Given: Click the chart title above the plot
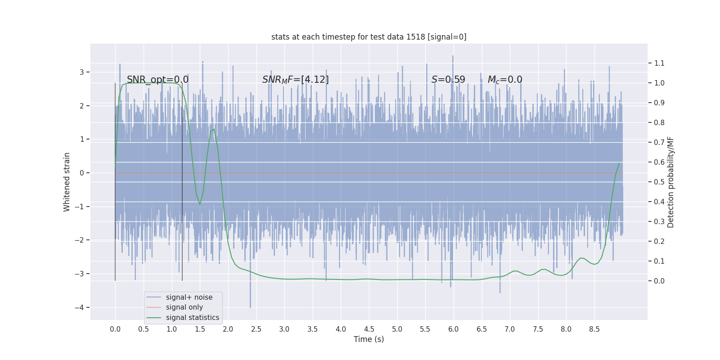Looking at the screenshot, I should pyautogui.click(x=369, y=37).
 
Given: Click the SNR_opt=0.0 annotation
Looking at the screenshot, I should pyautogui.click(x=157, y=80).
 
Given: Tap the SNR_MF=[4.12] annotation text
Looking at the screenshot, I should pyautogui.click(x=295, y=80).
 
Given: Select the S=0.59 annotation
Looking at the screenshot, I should pyautogui.click(x=448, y=80).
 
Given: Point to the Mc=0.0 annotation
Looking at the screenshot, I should pyautogui.click(x=505, y=80).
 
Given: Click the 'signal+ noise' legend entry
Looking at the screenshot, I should pyautogui.click(x=189, y=297).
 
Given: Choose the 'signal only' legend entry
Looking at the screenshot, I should pyautogui.click(x=184, y=307).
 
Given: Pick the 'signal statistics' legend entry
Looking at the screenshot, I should pyautogui.click(x=192, y=318).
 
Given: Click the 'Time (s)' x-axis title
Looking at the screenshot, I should pyautogui.click(x=369, y=339).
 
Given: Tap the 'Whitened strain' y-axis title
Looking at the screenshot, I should pyautogui.click(x=67, y=182).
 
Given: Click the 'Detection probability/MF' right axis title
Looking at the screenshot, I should pyautogui.click(x=670, y=182).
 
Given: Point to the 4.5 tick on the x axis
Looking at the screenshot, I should pyautogui.click(x=369, y=329).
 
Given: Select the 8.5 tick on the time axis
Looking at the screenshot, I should pyautogui.click(x=594, y=329).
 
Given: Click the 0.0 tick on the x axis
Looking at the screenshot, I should pyautogui.click(x=115, y=329).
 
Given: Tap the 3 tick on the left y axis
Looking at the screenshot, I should pyautogui.click(x=82, y=72).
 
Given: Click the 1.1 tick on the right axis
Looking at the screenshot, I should pyautogui.click(x=659, y=63).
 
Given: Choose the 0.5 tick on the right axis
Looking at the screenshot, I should pyautogui.click(x=659, y=182).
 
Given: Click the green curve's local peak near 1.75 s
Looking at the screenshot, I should pyautogui.click(x=213, y=130).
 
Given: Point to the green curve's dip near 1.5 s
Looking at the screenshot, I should pyautogui.click(x=200, y=204).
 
